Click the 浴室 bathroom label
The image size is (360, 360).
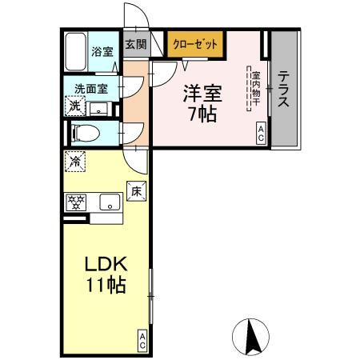point(102,52)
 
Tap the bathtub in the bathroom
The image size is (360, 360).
point(76,51)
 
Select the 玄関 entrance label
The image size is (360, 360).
point(134,45)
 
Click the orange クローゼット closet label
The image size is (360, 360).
point(195,46)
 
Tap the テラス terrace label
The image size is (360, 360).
point(284,88)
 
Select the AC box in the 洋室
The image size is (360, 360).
point(261,133)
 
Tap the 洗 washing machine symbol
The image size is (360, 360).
point(74,106)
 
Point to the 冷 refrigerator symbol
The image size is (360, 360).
point(74,159)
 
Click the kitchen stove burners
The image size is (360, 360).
point(77,202)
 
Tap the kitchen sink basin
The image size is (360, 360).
point(107,202)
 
